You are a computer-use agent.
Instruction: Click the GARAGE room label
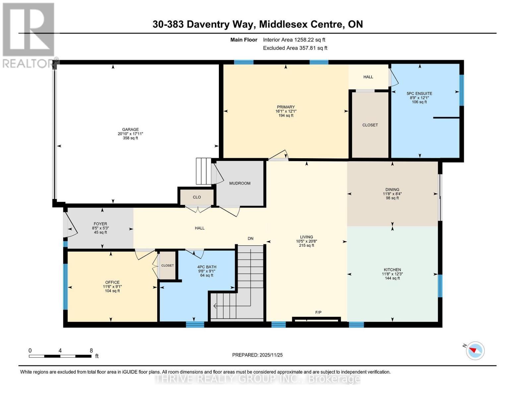(x=130, y=129)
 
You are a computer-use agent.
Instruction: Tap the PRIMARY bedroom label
(x=286, y=107)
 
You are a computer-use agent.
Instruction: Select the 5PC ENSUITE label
(x=419, y=94)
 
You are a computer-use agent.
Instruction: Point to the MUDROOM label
(x=240, y=183)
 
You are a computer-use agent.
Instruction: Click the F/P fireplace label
(x=318, y=312)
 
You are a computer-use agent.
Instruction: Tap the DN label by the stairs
(x=250, y=238)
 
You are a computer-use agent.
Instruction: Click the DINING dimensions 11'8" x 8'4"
(x=392, y=194)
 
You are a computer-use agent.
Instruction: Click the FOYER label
(x=100, y=224)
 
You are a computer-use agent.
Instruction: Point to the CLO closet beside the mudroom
(x=197, y=197)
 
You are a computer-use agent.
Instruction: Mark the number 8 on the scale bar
(x=91, y=351)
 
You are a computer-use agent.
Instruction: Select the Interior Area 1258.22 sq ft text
(x=294, y=40)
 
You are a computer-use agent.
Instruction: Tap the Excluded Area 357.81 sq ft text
(x=295, y=48)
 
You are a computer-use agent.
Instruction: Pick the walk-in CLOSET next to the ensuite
(x=370, y=125)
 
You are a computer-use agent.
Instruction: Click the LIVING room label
(x=306, y=237)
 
